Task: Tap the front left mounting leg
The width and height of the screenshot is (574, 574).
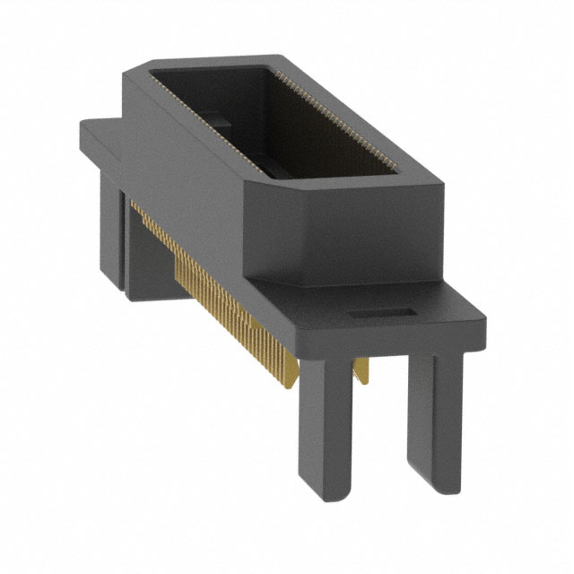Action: (323, 413)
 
